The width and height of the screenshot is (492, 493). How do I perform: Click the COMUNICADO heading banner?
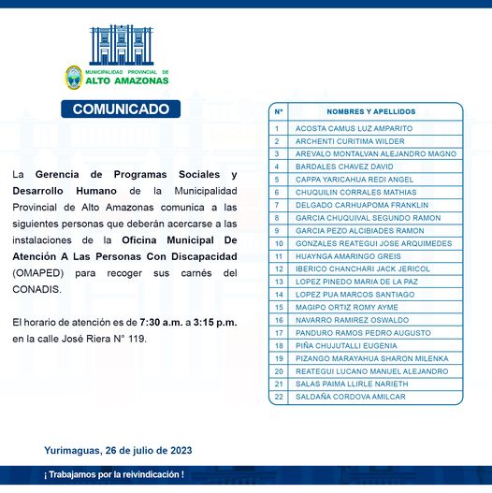pos(121,109)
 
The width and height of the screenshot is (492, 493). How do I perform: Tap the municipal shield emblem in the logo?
pos(73,77)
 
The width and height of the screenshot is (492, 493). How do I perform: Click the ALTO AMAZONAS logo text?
pos(127,80)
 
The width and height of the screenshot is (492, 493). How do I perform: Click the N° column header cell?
pos(279,111)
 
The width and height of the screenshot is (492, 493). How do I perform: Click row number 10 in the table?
pos(279,243)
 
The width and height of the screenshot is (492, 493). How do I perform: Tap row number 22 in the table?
pos(279,397)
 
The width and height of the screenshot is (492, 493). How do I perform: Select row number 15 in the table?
pos(279,307)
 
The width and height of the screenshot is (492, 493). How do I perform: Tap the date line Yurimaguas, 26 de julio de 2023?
pos(118,450)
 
